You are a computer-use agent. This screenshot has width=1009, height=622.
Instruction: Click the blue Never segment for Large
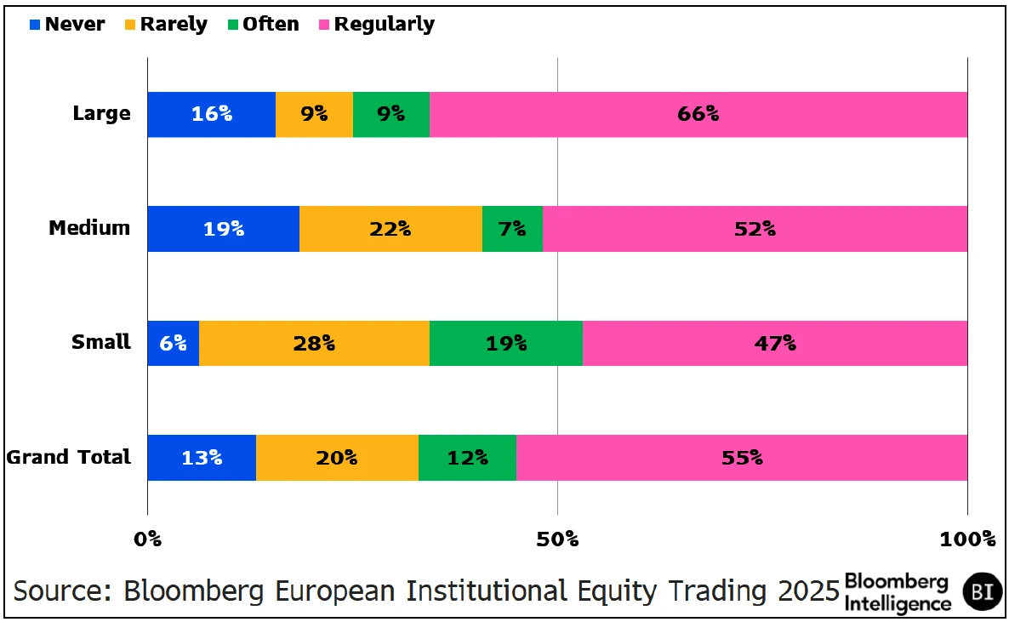pyautogui.click(x=211, y=114)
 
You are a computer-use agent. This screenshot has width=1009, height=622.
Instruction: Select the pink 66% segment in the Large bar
pyautogui.click(x=698, y=114)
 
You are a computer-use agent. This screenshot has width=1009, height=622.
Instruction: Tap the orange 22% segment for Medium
pyautogui.click(x=390, y=228)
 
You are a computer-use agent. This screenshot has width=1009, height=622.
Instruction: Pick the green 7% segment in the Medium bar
pyautogui.click(x=512, y=228)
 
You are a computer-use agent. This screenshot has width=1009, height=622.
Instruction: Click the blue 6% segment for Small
pyautogui.click(x=173, y=343)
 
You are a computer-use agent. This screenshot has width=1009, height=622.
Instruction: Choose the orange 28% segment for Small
pyautogui.click(x=314, y=343)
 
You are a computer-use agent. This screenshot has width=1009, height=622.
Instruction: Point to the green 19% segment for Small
pyautogui.click(x=505, y=343)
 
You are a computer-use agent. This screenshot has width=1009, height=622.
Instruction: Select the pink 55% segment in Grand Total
pyautogui.click(x=741, y=458)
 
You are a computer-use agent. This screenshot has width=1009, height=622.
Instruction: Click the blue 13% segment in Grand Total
pyautogui.click(x=202, y=458)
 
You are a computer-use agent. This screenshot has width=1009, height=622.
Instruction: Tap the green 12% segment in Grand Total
pyautogui.click(x=467, y=458)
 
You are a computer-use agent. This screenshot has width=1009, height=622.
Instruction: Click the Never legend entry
pyautogui.click(x=67, y=25)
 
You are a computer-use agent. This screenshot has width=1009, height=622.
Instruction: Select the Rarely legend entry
pyautogui.click(x=166, y=25)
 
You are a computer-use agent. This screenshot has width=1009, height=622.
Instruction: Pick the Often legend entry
pyautogui.click(x=264, y=25)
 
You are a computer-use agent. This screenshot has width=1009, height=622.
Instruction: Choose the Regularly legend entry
pyautogui.click(x=376, y=25)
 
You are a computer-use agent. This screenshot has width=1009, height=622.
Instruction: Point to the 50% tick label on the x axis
pyautogui.click(x=557, y=539)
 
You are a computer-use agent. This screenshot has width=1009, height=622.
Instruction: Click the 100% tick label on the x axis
pyautogui.click(x=966, y=539)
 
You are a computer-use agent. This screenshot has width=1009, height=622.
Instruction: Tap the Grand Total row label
pyautogui.click(x=69, y=457)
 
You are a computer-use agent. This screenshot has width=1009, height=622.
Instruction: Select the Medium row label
pyautogui.click(x=89, y=228)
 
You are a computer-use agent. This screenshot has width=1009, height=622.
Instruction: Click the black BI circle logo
pyautogui.click(x=982, y=591)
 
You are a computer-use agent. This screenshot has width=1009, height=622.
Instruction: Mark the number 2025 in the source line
pyautogui.click(x=802, y=591)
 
